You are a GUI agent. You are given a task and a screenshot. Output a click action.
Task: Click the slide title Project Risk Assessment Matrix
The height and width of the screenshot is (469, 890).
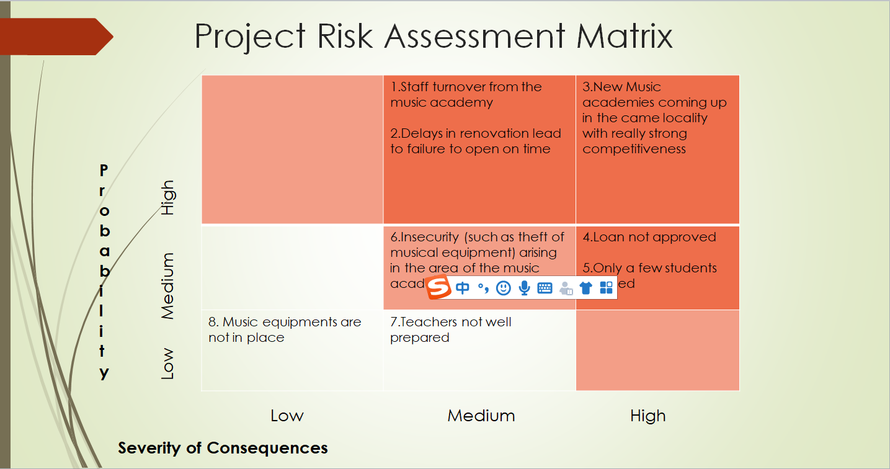click(434, 36)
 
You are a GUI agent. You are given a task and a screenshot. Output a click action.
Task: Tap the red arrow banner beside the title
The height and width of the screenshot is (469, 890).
click(56, 37)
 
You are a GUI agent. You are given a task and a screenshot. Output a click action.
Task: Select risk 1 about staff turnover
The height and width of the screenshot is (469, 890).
click(466, 94)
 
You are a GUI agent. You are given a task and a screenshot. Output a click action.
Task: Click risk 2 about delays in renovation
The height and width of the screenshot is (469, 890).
click(475, 141)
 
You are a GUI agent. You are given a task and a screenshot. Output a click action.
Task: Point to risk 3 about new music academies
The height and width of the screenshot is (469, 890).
click(654, 118)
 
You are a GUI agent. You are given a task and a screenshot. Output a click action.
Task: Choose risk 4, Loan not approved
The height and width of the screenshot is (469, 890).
click(649, 237)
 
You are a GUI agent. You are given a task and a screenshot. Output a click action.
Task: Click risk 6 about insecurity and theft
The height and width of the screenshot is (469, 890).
click(477, 253)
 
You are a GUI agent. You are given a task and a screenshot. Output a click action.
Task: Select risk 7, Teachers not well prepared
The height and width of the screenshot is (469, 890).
click(450, 329)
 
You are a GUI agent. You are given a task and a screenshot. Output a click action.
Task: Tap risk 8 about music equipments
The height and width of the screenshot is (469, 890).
click(284, 329)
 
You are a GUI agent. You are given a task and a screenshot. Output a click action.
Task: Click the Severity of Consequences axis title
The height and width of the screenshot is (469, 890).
click(223, 448)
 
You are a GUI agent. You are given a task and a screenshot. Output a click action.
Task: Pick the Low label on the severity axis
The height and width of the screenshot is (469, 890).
click(287, 416)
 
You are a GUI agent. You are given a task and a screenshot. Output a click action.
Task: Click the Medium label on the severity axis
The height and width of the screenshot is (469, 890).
click(481, 416)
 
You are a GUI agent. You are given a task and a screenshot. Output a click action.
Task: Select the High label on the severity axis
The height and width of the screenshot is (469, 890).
click(647, 416)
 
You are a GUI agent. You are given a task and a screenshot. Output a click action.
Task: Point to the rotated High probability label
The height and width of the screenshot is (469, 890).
click(167, 197)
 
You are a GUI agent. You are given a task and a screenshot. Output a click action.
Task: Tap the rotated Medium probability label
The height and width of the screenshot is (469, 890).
click(167, 286)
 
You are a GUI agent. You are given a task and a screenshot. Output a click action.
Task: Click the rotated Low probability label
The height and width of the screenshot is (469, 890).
click(167, 364)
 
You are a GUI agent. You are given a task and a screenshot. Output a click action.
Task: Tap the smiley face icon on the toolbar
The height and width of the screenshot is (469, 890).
click(504, 288)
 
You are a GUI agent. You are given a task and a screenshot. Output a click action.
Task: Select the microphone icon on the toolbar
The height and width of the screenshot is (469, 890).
click(524, 288)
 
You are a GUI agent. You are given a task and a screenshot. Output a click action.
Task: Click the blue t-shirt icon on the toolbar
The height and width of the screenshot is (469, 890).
click(585, 288)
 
